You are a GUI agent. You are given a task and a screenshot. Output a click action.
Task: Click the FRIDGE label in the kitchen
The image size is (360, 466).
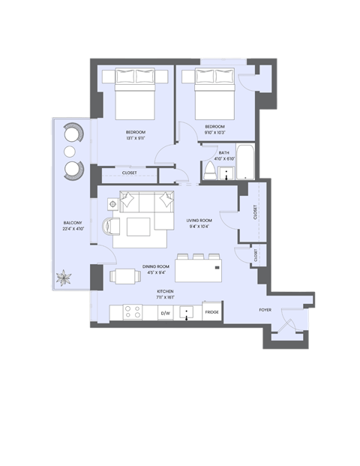[211, 312]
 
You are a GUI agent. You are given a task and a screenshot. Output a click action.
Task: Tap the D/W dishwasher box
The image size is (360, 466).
[165, 312]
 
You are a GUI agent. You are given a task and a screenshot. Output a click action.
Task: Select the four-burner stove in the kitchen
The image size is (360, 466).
[132, 311]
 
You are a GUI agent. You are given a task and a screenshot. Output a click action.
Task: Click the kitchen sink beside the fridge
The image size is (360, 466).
[188, 311]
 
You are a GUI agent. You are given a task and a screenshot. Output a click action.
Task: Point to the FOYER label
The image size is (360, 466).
[265, 308]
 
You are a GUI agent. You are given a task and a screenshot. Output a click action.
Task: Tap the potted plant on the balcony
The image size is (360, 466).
[62, 279]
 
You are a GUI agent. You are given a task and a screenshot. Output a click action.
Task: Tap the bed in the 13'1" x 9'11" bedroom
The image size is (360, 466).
[134, 92]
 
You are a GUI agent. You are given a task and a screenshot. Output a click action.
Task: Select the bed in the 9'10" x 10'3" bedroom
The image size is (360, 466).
[214, 92]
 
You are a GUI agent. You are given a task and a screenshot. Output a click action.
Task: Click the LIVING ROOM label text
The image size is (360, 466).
[199, 220]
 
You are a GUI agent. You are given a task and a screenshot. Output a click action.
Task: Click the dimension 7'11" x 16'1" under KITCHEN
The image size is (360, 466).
[166, 297]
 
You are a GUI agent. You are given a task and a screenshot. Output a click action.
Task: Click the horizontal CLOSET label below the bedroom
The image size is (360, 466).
[129, 173]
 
